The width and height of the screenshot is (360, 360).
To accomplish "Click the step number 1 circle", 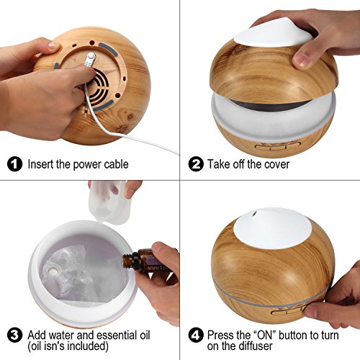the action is [x=14, y=164].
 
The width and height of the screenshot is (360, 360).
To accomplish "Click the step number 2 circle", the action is [x=196, y=164].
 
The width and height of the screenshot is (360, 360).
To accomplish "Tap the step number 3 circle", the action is [x=14, y=335].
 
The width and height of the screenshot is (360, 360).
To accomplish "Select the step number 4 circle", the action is [x=196, y=335].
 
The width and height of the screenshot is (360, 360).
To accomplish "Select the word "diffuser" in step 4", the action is [x=256, y=346].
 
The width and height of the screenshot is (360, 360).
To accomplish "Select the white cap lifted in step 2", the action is [x=273, y=33].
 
